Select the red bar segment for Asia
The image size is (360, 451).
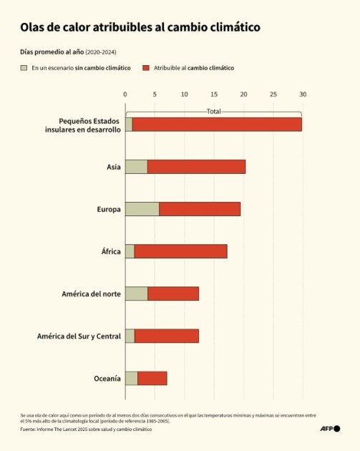[196, 167]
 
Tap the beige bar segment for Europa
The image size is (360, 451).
[142, 209]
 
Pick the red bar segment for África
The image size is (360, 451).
[180, 251]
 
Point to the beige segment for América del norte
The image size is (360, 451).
[136, 294]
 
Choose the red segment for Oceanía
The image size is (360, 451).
[152, 378]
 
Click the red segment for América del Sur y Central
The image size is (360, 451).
[166, 336]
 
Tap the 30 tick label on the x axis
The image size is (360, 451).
[303, 94]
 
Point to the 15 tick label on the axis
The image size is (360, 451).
[214, 94]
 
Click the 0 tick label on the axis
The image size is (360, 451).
[125, 94]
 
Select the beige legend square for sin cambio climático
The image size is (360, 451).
[24, 68]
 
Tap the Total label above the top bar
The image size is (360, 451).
[213, 112]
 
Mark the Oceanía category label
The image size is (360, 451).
[107, 378]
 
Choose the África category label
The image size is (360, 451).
[111, 251]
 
